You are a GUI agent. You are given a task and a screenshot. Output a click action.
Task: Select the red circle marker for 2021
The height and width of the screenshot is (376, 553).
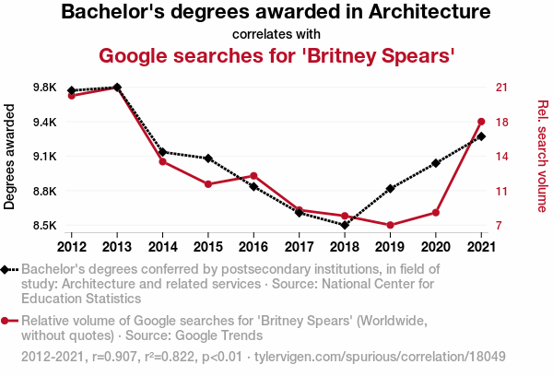[x=481, y=121]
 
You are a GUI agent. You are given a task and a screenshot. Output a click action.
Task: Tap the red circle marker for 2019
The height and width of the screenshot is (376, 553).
[x=390, y=225]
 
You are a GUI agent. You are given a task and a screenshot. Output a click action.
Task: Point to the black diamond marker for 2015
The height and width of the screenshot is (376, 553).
[x=208, y=159]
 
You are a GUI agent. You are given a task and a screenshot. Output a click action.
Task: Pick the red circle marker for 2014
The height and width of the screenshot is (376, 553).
[x=162, y=161]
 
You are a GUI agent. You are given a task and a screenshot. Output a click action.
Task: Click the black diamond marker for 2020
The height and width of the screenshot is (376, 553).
[x=435, y=163]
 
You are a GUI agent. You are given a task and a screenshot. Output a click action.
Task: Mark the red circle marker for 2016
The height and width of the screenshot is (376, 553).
[x=253, y=175]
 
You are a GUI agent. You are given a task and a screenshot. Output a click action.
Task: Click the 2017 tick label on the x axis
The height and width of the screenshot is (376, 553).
[x=299, y=246]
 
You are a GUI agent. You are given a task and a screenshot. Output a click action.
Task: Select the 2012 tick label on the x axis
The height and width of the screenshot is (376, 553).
[x=71, y=246]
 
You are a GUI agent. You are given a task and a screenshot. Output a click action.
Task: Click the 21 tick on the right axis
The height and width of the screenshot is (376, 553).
[x=502, y=88]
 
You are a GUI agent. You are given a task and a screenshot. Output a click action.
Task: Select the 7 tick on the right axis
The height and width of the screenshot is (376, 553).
[x=499, y=226]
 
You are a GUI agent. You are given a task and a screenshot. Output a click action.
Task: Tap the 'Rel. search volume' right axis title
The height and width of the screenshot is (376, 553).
[x=542, y=157]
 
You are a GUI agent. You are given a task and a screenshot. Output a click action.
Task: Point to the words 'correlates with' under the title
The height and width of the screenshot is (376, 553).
[x=276, y=34]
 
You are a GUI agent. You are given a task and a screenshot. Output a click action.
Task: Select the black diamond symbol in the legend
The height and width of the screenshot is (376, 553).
[x=7, y=269]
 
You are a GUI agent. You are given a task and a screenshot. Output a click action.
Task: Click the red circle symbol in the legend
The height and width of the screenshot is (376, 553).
[x=7, y=321]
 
